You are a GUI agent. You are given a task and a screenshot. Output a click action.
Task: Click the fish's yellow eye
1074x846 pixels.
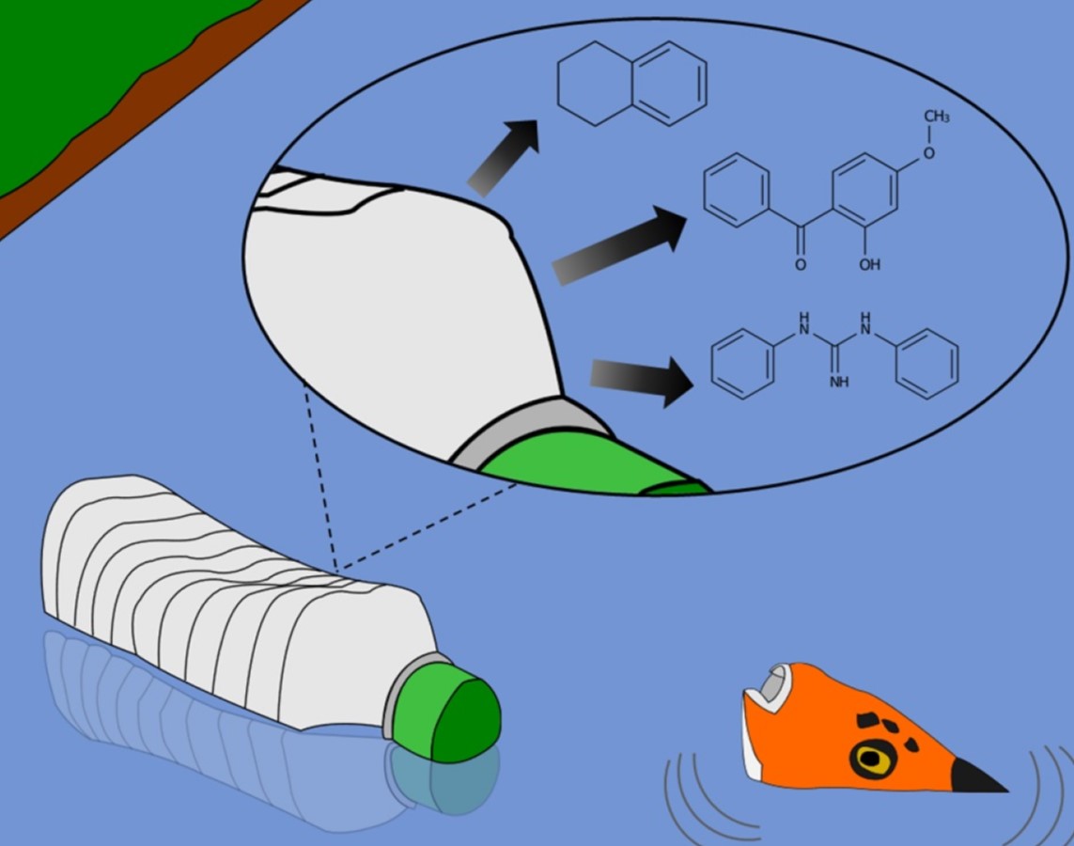click(x=873, y=759)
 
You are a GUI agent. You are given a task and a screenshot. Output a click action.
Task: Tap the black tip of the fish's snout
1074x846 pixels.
click(x=977, y=776)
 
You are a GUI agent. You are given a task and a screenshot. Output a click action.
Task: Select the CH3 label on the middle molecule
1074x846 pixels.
click(x=936, y=117)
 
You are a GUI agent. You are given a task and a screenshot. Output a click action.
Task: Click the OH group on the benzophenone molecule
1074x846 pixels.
click(x=869, y=265)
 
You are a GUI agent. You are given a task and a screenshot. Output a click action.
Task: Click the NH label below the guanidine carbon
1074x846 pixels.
click(x=839, y=383)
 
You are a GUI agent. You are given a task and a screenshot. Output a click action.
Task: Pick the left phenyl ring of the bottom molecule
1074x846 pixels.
click(x=742, y=362)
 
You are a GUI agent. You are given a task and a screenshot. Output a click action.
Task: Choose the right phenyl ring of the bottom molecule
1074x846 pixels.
click(x=926, y=362)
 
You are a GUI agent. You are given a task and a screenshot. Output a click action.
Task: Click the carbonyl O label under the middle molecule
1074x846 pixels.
click(x=801, y=265)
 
